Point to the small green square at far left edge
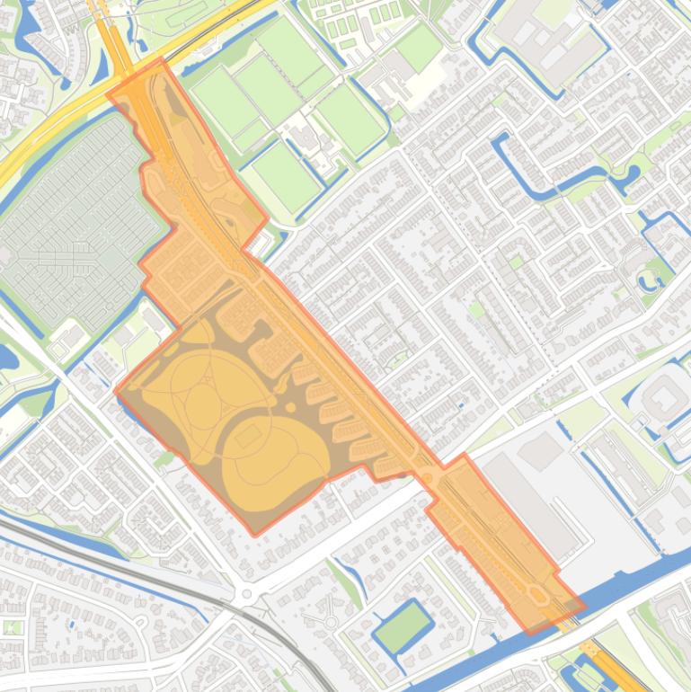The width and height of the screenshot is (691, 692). [12, 626]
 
